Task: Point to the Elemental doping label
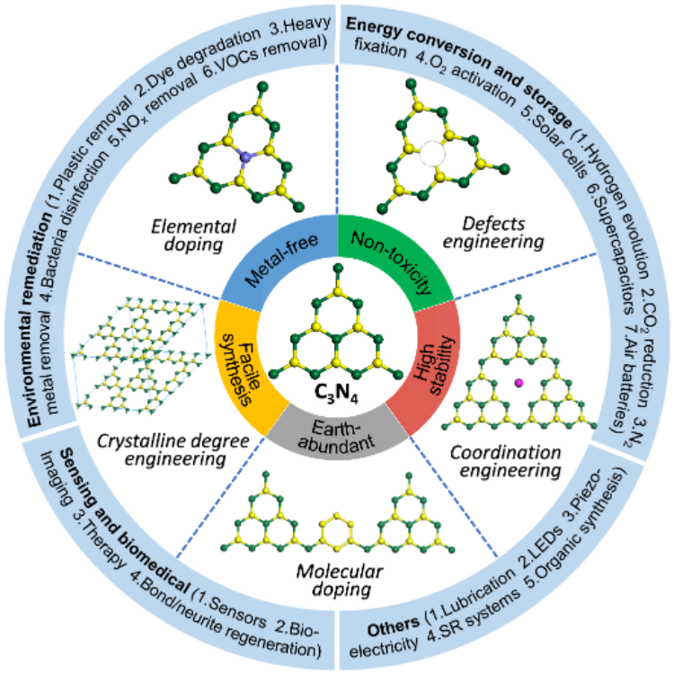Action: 206,231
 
